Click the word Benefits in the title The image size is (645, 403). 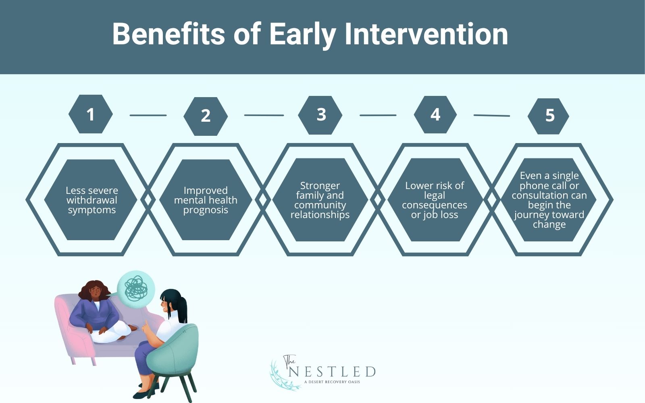coord(169,34)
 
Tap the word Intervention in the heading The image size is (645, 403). coord(426,34)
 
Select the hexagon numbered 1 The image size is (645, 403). coord(91,114)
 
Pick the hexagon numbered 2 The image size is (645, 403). coord(206,116)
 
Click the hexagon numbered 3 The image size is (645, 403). coord(320,115)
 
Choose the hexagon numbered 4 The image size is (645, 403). coord(435,114)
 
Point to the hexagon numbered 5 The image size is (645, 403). coord(548,116)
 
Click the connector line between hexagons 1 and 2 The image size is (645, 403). coord(148,115)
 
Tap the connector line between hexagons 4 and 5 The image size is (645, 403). coord(492,115)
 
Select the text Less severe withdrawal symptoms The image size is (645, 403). coord(92,200)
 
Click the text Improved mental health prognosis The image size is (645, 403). coord(206,200)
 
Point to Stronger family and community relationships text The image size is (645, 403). coord(320,200)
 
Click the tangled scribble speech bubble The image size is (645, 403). coord(135,289)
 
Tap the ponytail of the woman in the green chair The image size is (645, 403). coord(182,310)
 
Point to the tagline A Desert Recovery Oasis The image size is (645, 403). coord(332,382)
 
